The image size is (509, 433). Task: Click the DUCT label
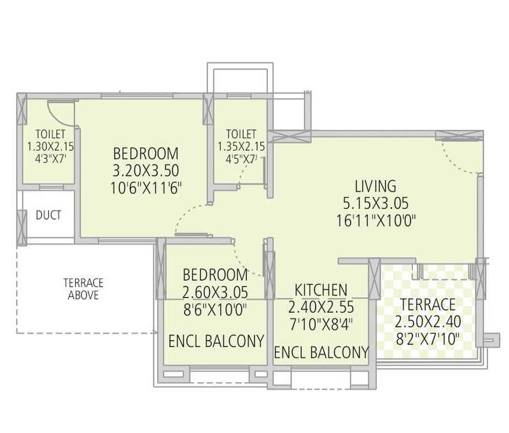tap(48, 215)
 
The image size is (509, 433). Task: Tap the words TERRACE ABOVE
tap(83, 289)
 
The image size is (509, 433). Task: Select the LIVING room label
tap(375, 186)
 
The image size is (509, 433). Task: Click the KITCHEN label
tap(321, 290)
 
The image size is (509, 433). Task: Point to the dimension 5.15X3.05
tap(375, 203)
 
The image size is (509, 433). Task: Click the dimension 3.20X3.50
tap(146, 171)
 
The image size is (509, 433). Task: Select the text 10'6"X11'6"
tap(146, 188)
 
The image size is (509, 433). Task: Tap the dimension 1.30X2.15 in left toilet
tap(50, 146)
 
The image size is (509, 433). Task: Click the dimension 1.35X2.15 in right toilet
tap(241, 146)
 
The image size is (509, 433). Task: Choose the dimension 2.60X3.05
tap(215, 292)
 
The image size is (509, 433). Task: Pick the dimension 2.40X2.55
tap(321, 307)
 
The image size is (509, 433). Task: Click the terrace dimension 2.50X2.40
tap(428, 322)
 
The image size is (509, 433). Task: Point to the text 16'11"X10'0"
tap(375, 221)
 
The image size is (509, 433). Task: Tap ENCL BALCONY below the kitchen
tap(321, 352)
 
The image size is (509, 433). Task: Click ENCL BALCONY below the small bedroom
tap(216, 341)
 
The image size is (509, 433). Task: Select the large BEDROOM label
tap(146, 153)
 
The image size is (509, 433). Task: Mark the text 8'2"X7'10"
tap(428, 339)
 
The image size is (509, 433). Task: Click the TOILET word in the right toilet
tap(241, 134)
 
